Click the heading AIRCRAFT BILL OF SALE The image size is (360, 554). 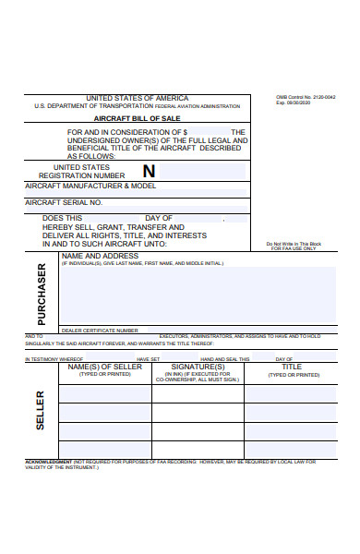pos(137,119)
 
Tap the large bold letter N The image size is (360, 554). pos(149,171)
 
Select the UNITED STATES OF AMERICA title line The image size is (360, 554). pos(137,98)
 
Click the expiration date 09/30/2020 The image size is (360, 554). pos(309,103)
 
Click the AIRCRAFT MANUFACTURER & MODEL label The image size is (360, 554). pos(90,186)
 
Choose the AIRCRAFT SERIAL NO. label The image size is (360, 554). pos(64,201)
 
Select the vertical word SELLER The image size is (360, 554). pos(41,410)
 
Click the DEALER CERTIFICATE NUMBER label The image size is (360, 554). pos(100,330)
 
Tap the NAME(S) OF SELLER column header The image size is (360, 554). pos(105,367)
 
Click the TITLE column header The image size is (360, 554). pos(291,367)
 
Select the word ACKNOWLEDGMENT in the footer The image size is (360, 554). pos(48,461)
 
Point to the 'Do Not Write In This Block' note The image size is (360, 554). pos(292,243)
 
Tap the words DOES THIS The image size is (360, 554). pos(63,219)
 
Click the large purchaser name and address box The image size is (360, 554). pos(198,295)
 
